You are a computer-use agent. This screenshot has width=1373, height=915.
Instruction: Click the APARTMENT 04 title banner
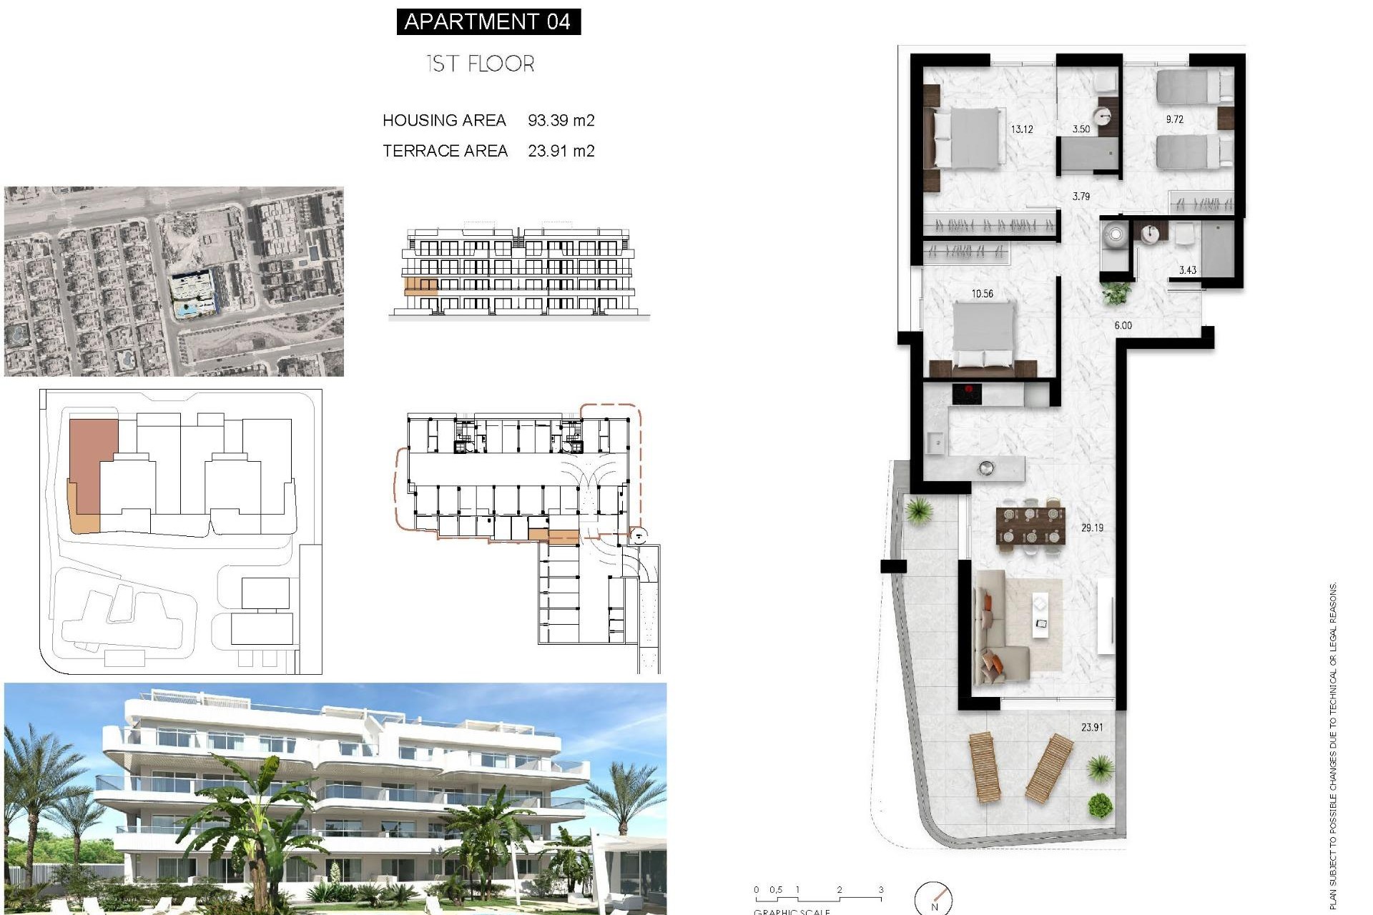[x=488, y=21]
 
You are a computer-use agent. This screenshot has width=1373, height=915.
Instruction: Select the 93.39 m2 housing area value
[x=561, y=120]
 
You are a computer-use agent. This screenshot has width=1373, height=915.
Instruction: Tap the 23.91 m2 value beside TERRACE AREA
[x=561, y=151]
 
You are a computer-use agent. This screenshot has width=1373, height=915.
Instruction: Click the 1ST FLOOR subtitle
[x=480, y=64]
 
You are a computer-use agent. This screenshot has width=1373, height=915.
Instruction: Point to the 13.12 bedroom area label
[x=1021, y=129]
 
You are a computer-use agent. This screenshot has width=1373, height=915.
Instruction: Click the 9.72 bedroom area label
[x=1174, y=119]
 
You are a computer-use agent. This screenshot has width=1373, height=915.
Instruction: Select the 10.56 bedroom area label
[x=982, y=293]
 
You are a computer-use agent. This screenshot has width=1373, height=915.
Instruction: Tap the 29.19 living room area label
[x=1092, y=528]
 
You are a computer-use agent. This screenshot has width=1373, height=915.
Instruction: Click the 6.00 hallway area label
[x=1123, y=325]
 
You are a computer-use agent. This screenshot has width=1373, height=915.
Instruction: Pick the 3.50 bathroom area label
[x=1081, y=129]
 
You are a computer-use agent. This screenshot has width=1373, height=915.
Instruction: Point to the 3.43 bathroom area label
[x=1187, y=269]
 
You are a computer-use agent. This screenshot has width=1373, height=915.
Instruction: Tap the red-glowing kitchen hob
[x=966, y=392]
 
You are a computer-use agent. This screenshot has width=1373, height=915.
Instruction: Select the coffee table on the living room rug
[x=1040, y=615]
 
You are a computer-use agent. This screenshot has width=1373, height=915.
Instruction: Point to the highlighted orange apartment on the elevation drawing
[x=420, y=287]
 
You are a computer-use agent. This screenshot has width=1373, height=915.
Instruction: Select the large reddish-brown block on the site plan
[x=92, y=465]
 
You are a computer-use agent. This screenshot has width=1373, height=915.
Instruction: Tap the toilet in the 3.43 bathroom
[x=1114, y=237]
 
